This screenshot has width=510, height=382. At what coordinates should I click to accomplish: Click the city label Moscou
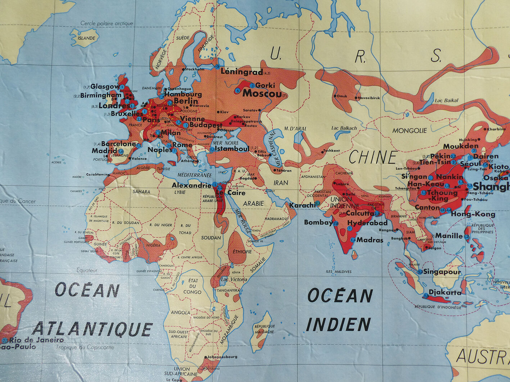point(262,94)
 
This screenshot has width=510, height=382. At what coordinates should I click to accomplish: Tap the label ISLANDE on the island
point(87,38)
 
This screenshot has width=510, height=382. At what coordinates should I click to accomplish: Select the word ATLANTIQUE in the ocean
point(93,329)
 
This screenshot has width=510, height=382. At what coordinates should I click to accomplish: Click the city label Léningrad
point(242,72)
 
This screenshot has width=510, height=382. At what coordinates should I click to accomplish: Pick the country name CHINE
point(373,157)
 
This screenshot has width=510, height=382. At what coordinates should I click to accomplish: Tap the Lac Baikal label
point(446,101)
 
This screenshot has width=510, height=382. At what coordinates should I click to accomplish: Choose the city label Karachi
point(302,205)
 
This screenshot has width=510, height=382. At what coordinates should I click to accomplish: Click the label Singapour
point(442,272)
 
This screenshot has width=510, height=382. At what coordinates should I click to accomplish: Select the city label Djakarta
point(445,293)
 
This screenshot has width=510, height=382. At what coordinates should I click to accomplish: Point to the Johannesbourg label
point(222,357)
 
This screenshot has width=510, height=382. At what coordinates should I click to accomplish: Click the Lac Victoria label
point(234,279)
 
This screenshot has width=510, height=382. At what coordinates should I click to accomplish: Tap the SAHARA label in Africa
point(141,192)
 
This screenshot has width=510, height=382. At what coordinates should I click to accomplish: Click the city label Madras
point(370,240)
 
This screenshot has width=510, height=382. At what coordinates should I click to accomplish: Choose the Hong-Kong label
point(473,214)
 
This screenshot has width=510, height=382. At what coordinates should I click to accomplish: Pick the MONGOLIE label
point(409,130)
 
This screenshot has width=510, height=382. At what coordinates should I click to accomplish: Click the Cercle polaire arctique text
point(107,23)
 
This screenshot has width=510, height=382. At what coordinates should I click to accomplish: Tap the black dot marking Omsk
point(335,96)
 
